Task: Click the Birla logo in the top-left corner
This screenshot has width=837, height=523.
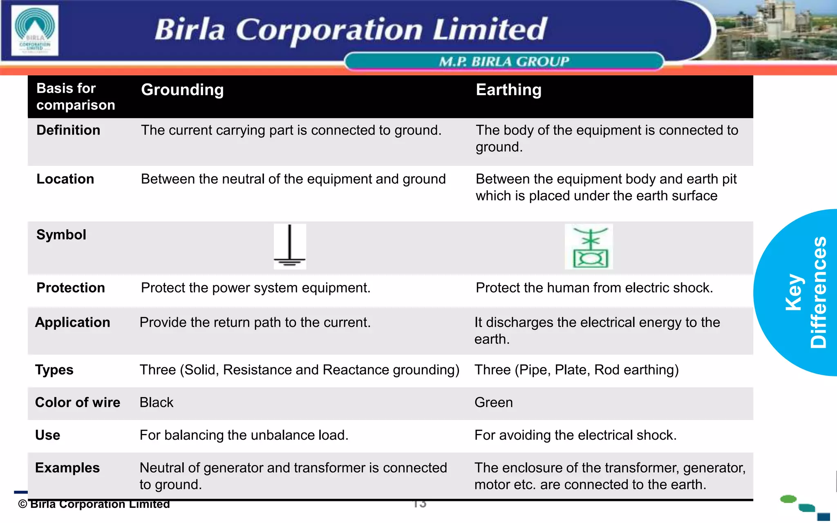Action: pyautogui.click(x=35, y=30)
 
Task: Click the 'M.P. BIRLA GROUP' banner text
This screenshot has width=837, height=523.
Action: pyautogui.click(x=504, y=62)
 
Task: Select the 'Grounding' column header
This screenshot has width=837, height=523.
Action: pyautogui.click(x=182, y=90)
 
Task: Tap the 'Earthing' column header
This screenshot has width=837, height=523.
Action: pyautogui.click(x=508, y=90)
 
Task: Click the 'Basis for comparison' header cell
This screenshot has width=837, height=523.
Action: pyautogui.click(x=76, y=97)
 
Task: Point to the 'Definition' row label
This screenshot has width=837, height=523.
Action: pyautogui.click(x=68, y=130)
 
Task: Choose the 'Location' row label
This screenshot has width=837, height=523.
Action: pyautogui.click(x=65, y=179)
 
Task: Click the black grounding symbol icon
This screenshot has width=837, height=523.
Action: pyautogui.click(x=290, y=246)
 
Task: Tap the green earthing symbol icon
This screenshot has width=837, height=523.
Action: pyautogui.click(x=589, y=247)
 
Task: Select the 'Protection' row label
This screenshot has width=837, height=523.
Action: pyautogui.click(x=71, y=288)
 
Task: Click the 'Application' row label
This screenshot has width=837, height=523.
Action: pyautogui.click(x=73, y=323)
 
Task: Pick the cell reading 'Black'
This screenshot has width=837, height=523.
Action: pyautogui.click(x=157, y=403)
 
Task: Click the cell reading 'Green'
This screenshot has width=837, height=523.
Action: pyautogui.click(x=493, y=403)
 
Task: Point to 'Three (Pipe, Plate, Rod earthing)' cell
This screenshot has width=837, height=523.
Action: pyautogui.click(x=576, y=370)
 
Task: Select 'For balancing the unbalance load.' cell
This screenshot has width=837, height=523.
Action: pyautogui.click(x=244, y=436)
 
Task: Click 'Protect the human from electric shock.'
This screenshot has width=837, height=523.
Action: pyautogui.click(x=594, y=288)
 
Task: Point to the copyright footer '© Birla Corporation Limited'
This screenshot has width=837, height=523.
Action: pyautogui.click(x=94, y=504)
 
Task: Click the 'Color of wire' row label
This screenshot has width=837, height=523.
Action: pyautogui.click(x=78, y=403)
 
